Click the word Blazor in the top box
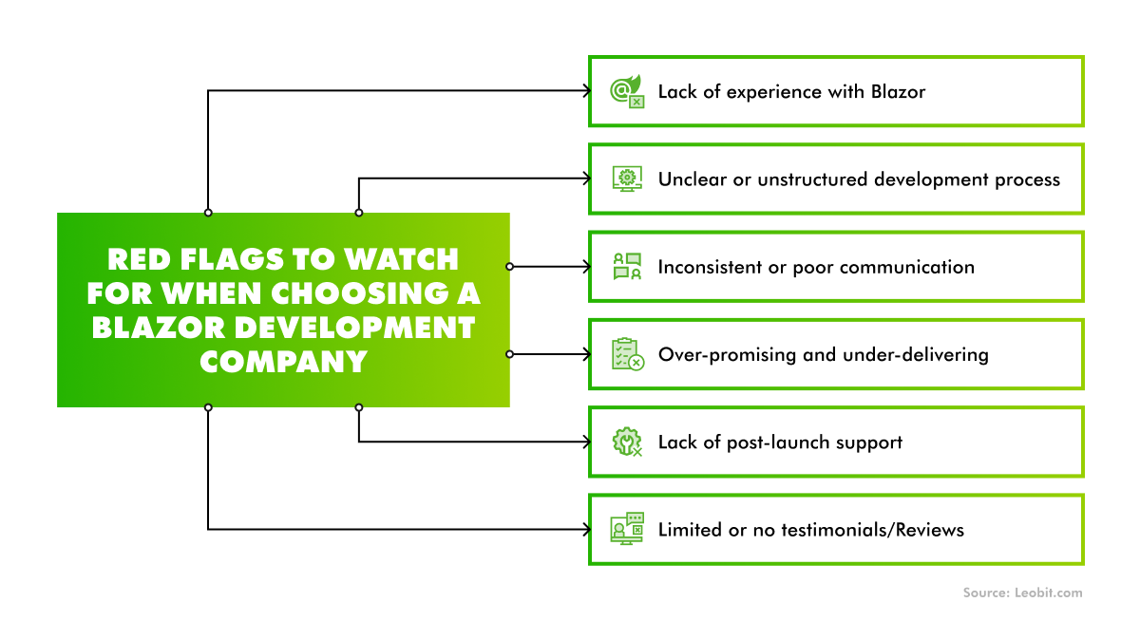pos(898,91)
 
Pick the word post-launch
pos(759,442)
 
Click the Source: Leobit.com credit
pos(1022,593)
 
